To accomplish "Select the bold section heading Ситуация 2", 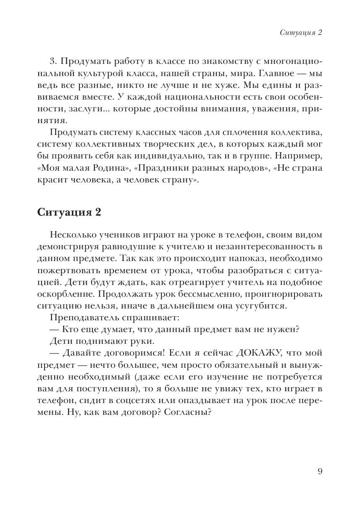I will click(69, 212).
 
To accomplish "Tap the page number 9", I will click(320, 471).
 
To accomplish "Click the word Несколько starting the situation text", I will click(71, 235).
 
